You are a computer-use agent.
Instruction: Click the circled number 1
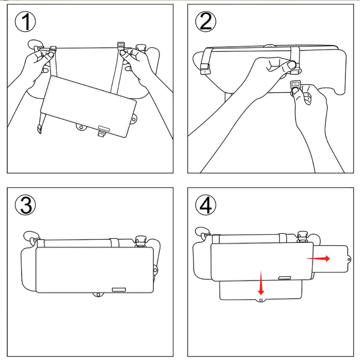(25, 22)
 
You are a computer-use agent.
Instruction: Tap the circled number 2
(205, 22)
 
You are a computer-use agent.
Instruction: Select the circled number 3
(25, 205)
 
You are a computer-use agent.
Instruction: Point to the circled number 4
(205, 205)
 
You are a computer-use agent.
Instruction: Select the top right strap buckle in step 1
(120, 45)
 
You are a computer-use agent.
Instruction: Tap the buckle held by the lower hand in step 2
(296, 85)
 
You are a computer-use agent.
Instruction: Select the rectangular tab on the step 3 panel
(118, 289)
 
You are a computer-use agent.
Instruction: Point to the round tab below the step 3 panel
(97, 295)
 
